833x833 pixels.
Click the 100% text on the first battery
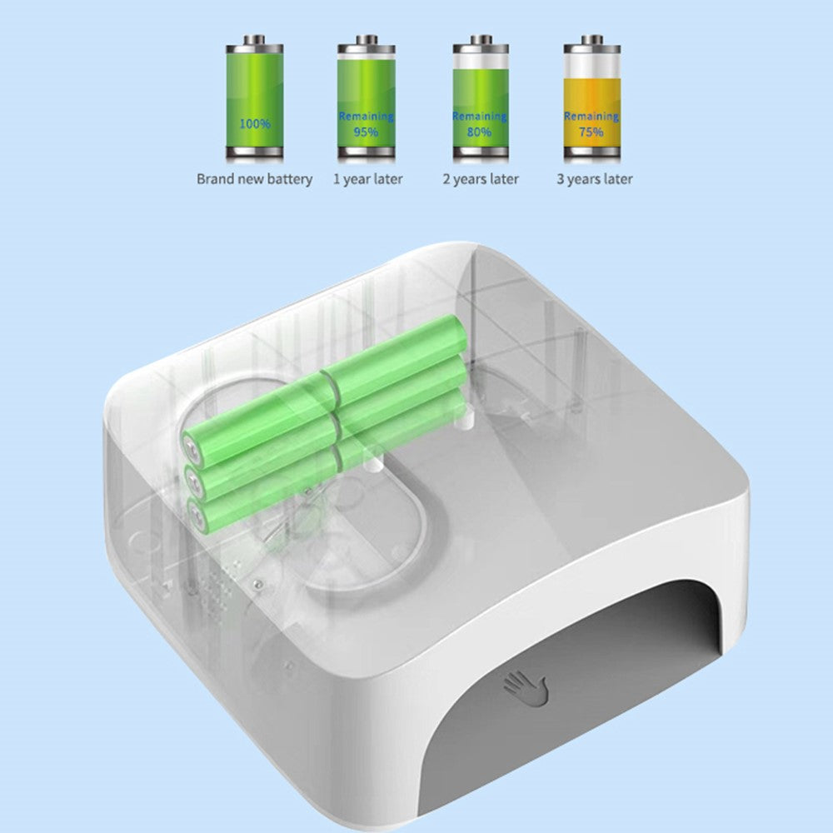pos(255,124)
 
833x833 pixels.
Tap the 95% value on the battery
pos(366,132)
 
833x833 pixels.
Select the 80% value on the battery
pos(480,132)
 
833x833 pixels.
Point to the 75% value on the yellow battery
pos(591,132)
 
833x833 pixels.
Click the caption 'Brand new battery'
pos(254,179)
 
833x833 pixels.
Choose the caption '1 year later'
pos(367,179)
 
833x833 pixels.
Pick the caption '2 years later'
pos(481,179)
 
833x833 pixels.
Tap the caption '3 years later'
pos(595,179)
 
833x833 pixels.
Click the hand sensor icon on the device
pos(526,688)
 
